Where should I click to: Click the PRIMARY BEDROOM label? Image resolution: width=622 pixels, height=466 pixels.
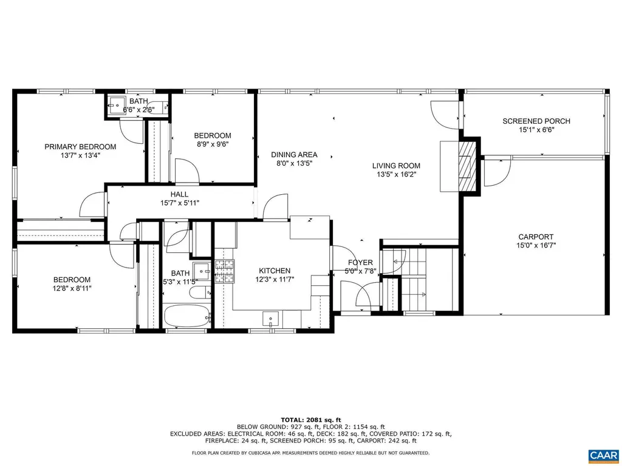[80, 147]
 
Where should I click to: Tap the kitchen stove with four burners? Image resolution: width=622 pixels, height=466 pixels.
[224, 272]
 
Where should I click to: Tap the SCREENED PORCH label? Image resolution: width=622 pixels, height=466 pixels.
[536, 121]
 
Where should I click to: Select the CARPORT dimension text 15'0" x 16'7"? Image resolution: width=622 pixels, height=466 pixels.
[536, 246]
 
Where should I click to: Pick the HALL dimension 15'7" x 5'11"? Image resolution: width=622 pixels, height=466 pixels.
[179, 203]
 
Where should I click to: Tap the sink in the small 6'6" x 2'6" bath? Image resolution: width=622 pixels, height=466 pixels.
[117, 104]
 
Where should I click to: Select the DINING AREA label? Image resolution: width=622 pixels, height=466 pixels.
[294, 155]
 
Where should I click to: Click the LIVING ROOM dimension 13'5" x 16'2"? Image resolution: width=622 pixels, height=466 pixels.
[396, 174]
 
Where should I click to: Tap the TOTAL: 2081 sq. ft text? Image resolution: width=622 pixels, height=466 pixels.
[311, 419]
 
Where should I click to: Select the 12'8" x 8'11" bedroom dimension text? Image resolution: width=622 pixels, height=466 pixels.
[72, 288]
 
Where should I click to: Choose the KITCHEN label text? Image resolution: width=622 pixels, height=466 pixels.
[275, 271]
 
